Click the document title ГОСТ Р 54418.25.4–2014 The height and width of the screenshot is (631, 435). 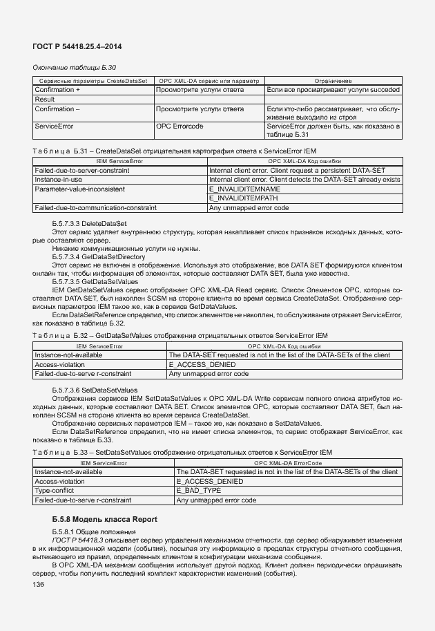74,46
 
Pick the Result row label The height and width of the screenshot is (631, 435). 45,100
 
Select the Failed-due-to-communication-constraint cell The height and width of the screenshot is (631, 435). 95,207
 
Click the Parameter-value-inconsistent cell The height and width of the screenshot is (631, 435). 79,189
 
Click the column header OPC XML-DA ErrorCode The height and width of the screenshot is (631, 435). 288,463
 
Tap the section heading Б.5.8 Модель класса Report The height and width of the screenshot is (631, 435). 104,519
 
